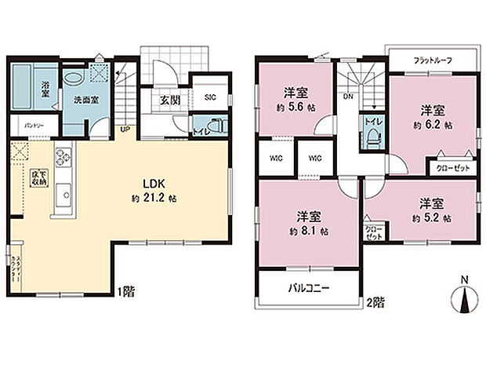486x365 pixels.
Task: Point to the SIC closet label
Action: pos(209,97)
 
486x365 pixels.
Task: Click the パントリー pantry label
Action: pos(32,126)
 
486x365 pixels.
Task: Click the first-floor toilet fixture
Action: pos(217,126)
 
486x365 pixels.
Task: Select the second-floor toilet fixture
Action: pos(372,137)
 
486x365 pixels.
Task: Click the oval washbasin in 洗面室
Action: pos(73,79)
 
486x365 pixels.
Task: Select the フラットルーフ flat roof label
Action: pos(430,60)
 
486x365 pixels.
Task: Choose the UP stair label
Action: pos(125,130)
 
